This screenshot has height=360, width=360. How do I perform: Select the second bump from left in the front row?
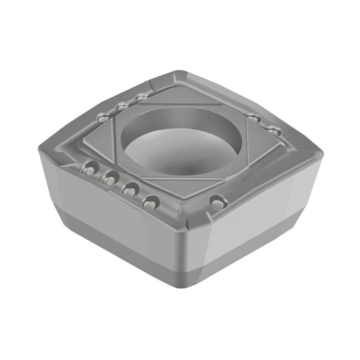tap(109, 178)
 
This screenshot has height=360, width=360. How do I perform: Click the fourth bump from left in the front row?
tap(150, 202)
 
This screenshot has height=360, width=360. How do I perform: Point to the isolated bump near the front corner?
tap(218, 203)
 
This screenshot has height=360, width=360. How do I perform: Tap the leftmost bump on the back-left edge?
tap(102, 118)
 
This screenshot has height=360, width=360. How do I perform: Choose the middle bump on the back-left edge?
tap(122, 106)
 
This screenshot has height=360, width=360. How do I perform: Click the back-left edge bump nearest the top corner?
tap(142, 97)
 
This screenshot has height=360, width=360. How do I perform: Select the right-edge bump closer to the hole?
tap(254, 118)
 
